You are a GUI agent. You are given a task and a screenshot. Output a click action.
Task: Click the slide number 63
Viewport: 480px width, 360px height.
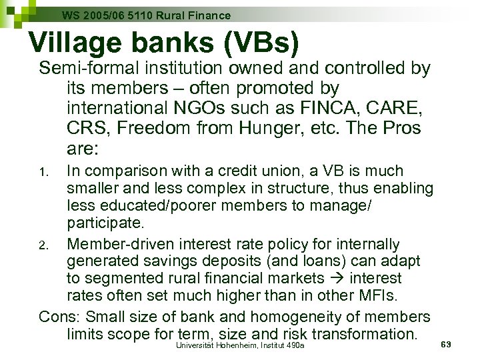[447, 344]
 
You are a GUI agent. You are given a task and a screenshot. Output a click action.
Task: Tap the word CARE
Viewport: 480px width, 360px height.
[388, 107]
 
